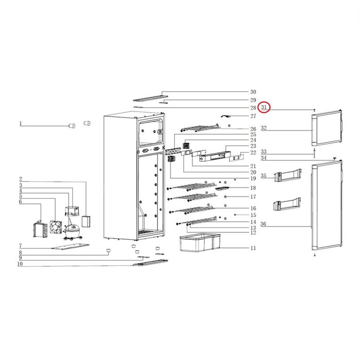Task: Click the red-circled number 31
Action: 264,107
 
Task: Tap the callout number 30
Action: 253,92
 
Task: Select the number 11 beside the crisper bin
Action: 253,248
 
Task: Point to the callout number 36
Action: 263,224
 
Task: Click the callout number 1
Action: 20,124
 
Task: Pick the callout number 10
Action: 20,264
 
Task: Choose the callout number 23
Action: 253,146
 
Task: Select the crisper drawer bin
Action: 200,243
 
